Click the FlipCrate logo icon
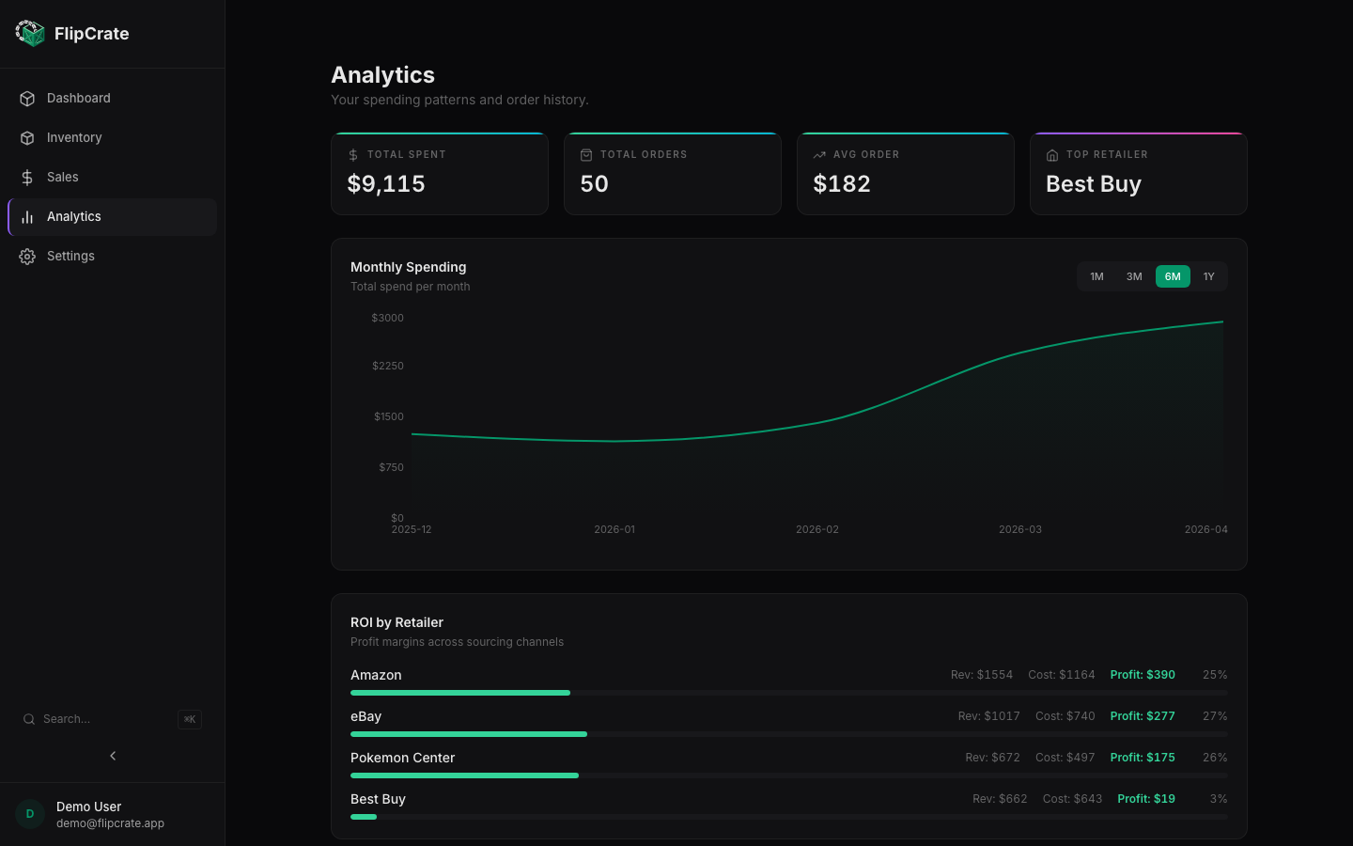click(30, 34)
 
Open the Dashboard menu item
click(78, 99)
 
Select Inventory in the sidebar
click(74, 138)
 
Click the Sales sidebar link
click(62, 178)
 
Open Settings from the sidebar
click(70, 257)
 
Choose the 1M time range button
click(1096, 276)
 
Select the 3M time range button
click(1134, 276)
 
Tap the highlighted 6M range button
click(1173, 276)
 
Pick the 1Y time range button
click(1208, 276)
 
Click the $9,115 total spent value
click(386, 184)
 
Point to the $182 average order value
click(842, 184)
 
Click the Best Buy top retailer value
click(1094, 184)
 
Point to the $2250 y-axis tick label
click(388, 366)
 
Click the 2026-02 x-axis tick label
click(817, 530)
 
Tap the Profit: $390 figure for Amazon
click(1143, 675)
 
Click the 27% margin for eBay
click(1215, 716)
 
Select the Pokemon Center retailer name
click(402, 758)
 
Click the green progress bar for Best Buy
click(364, 817)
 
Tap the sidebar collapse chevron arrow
click(113, 756)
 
